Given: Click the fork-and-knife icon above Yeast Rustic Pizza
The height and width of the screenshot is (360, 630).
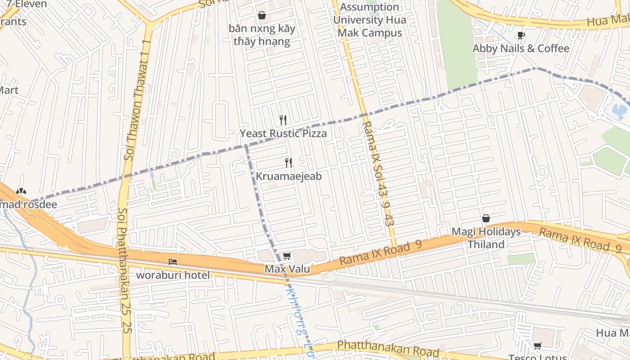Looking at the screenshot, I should pyautogui.click(x=283, y=120).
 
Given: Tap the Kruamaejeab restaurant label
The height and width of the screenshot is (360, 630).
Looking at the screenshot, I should pyautogui.click(x=289, y=176).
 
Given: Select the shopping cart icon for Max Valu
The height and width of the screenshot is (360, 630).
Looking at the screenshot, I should pyautogui.click(x=287, y=256).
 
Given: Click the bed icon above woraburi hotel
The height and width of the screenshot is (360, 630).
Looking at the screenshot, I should pyautogui.click(x=173, y=261).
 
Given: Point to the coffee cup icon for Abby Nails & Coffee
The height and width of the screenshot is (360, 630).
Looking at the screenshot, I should pyautogui.click(x=521, y=35).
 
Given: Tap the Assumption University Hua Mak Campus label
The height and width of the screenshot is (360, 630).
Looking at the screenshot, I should pyautogui.click(x=369, y=20).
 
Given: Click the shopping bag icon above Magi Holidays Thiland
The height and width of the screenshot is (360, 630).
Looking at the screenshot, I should pyautogui.click(x=486, y=218).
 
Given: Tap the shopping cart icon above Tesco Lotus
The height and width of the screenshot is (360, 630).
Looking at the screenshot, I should pyautogui.click(x=537, y=346).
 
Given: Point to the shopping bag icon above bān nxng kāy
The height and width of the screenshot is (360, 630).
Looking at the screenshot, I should pyautogui.click(x=262, y=16).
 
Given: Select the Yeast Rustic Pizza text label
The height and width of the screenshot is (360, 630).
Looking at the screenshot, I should pyautogui.click(x=283, y=134).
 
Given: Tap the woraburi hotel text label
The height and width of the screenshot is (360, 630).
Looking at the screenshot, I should pyautogui.click(x=173, y=275).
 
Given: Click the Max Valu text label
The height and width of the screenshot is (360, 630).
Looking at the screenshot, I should pyautogui.click(x=287, y=269).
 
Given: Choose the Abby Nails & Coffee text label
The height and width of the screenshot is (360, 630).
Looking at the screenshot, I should pyautogui.click(x=521, y=48).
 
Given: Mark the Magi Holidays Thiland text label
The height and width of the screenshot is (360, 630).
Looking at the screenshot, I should pyautogui.click(x=486, y=238).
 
